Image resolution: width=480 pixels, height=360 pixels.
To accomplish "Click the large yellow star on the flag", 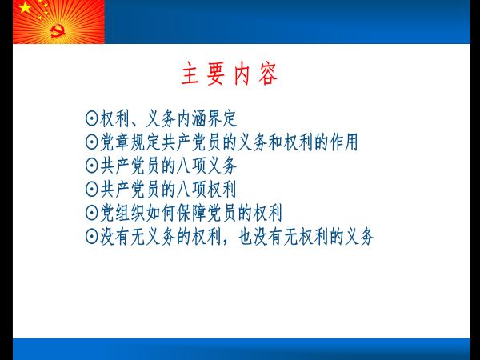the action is tap(25, 6).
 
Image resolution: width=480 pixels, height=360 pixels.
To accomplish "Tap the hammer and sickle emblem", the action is tap(58, 31).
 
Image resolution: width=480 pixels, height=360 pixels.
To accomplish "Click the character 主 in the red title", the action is tap(190, 74).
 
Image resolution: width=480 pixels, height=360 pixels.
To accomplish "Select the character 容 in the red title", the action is tap(268, 74).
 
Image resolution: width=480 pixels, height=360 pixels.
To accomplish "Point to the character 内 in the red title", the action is tap(242, 74).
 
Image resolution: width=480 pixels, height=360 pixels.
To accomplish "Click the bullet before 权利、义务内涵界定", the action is tap(91, 118).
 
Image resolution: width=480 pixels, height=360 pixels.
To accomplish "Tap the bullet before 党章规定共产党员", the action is tap(91, 142).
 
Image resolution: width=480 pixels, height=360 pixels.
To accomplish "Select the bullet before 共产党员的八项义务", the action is tap(91, 166).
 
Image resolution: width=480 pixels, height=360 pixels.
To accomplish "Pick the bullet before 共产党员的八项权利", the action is tap(91, 189).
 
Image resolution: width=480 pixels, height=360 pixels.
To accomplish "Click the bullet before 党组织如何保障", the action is tap(91, 213).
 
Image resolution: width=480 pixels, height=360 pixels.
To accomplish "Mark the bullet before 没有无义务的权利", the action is tap(91, 236).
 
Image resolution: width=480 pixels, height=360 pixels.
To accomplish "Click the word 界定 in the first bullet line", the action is tap(222, 118).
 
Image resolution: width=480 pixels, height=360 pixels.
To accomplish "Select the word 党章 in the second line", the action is tap(115, 142).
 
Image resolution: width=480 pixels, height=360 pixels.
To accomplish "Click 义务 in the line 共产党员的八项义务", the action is tap(222, 166).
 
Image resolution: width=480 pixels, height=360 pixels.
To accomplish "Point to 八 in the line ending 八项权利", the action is tap(184, 190).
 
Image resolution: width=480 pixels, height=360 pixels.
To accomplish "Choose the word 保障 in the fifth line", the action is tap(192, 213).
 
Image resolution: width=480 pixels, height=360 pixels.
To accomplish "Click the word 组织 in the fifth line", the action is tap(130, 213).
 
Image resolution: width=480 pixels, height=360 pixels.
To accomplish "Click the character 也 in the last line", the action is tap(246, 236).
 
